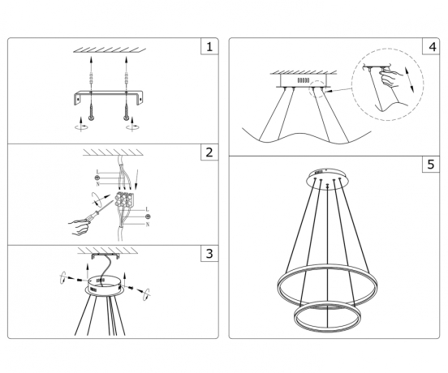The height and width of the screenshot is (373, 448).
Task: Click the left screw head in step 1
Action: [x=90, y=118]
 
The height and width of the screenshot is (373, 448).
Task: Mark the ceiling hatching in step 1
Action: [x=109, y=50]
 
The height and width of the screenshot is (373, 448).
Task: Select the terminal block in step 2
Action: [x=125, y=199]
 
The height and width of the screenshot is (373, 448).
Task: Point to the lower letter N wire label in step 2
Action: [x=148, y=223]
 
